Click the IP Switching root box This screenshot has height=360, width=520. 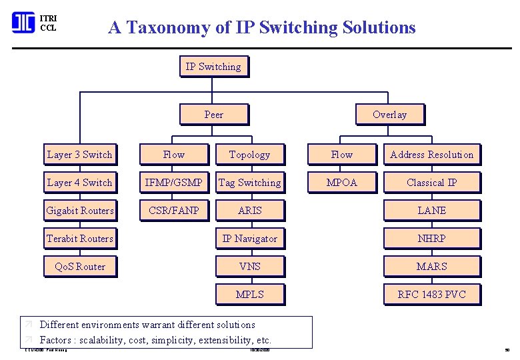pos(213,67)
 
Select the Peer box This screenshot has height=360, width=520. pos(213,115)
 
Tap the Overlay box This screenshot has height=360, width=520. pos(389,115)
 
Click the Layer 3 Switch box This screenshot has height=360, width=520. pos(80,155)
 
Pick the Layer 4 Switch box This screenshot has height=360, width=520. pos(80,183)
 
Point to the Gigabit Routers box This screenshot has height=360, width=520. pos(80,211)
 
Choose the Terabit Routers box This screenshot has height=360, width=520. pos(80,239)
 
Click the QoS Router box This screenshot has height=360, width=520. pos(80,267)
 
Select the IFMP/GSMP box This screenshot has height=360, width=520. pos(173,183)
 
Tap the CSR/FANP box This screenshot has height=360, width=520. pos(173,211)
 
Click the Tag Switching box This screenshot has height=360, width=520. pos(250,183)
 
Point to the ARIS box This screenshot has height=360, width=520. pos(250,211)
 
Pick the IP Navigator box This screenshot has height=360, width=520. pos(250,239)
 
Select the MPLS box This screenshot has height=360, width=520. pos(250,295)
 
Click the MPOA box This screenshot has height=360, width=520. pos(341,183)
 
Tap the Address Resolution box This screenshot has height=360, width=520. pos(431,155)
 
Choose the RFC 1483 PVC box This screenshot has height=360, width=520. pos(431,295)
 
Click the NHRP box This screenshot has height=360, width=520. pos(431,239)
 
